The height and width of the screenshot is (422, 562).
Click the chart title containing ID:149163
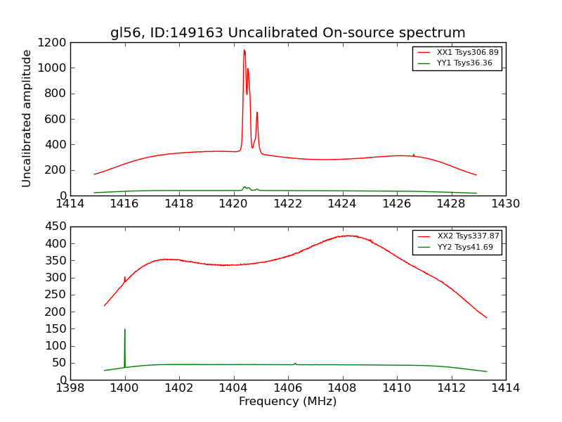pos(287,33)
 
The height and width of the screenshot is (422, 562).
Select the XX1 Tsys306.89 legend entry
pos(457,53)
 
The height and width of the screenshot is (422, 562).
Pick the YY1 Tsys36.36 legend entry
pos(456,63)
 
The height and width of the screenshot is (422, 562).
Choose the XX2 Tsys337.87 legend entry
pos(457,236)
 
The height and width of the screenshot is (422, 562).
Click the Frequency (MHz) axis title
pos(287,402)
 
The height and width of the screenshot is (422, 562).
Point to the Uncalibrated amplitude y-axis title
pos(27,118)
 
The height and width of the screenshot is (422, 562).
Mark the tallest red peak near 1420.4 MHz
pos(244,50)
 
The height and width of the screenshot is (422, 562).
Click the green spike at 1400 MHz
pos(125,330)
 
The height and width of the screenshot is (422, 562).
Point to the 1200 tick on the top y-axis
pos(53,42)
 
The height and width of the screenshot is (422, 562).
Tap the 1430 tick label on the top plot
pos(505,204)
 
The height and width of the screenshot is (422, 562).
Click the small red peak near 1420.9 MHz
pos(257,113)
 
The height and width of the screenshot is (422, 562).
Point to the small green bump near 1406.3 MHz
pos(295,363)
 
